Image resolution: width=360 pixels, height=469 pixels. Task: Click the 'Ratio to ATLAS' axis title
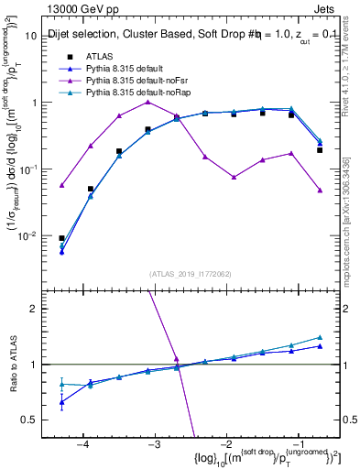pos(12,376)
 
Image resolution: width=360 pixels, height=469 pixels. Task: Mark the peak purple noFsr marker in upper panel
pos(147,102)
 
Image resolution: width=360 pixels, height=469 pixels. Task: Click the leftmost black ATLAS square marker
pos(61,238)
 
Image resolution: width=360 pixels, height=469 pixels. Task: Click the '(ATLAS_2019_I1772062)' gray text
pos(190,273)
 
